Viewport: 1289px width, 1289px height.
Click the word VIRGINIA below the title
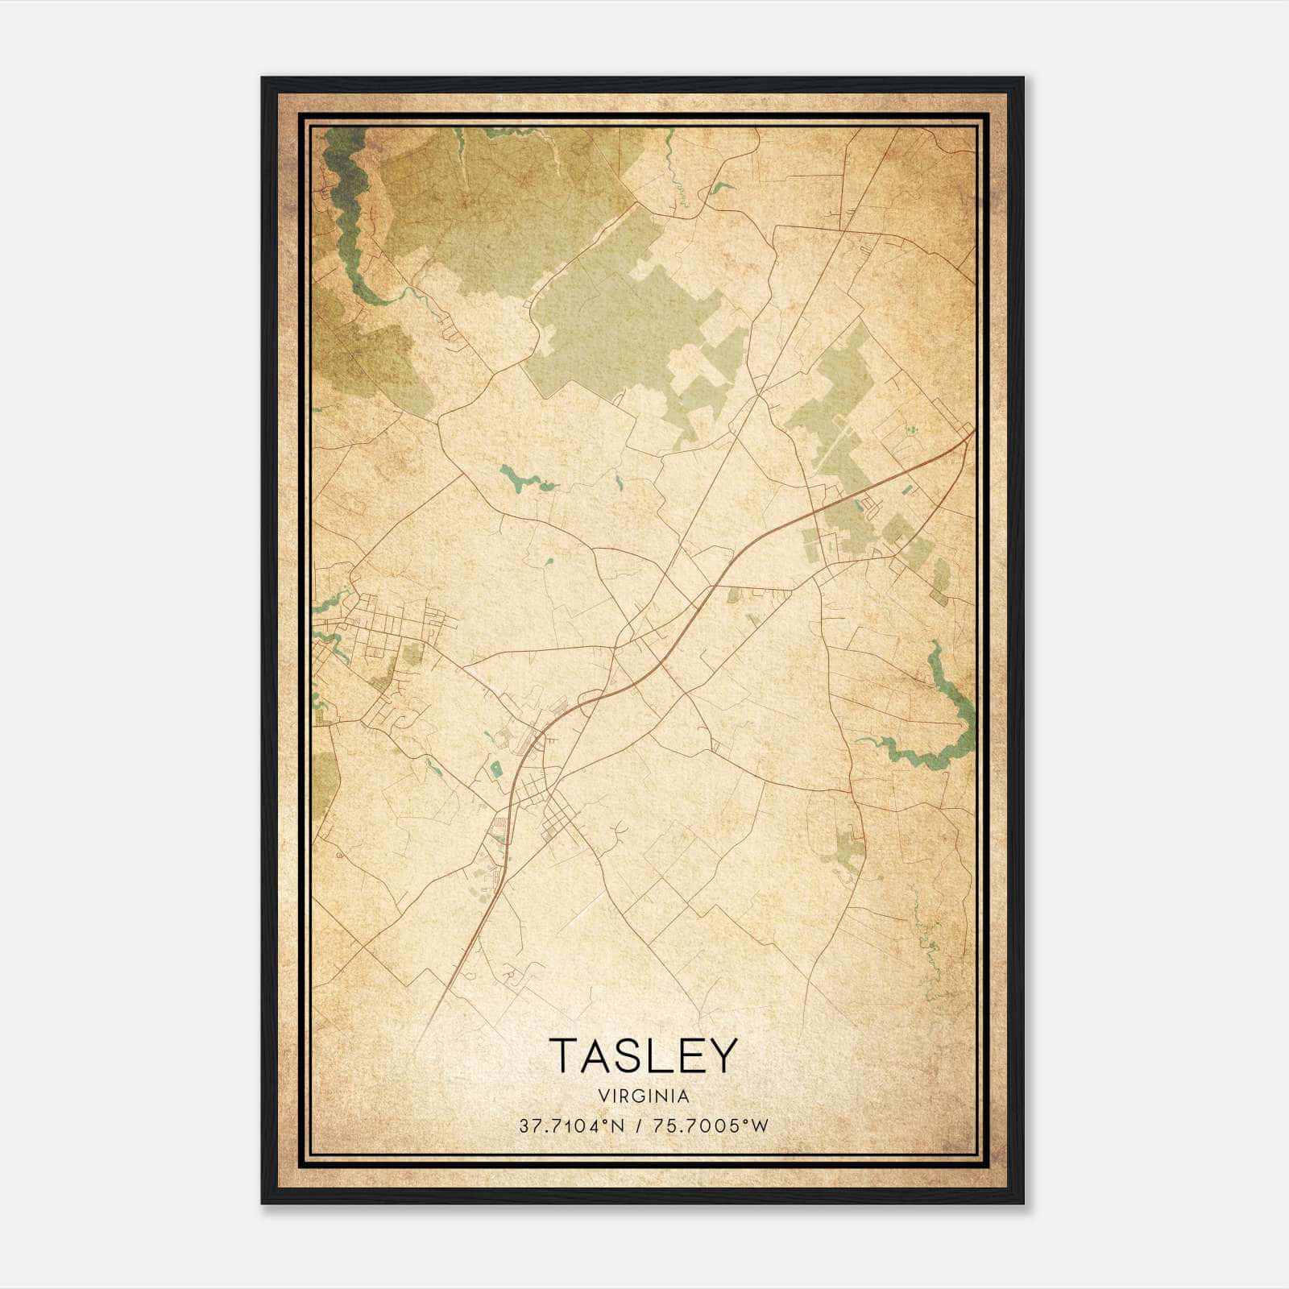tap(644, 1096)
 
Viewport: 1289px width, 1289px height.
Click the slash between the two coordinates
tap(637, 1126)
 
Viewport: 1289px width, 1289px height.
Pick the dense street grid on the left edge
tap(379, 636)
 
